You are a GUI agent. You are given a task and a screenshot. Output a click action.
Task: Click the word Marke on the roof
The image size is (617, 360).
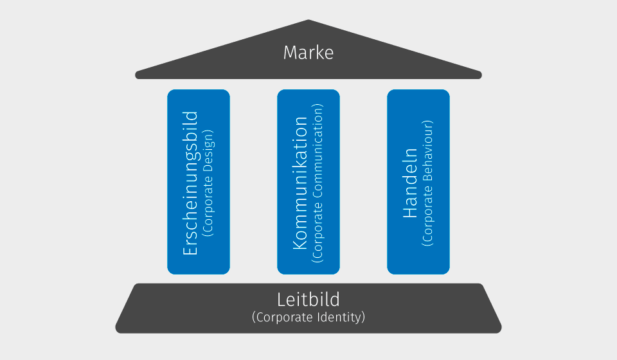(x=308, y=52)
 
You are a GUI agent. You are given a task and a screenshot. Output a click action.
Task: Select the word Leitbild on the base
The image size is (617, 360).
(x=308, y=299)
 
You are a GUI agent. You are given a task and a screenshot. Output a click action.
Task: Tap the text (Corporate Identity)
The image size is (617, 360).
(x=308, y=317)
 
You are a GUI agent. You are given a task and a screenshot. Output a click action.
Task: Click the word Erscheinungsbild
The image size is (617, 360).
(x=191, y=184)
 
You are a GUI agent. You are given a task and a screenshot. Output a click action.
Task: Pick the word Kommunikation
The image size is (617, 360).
(x=301, y=184)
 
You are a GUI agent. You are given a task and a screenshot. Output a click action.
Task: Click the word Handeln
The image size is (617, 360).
(x=410, y=184)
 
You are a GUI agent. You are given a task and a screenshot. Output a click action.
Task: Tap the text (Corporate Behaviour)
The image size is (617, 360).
(x=428, y=183)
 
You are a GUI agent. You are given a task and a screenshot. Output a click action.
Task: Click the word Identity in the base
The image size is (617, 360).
(x=342, y=317)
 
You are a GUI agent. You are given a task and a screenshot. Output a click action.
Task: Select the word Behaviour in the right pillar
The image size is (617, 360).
(x=428, y=148)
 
